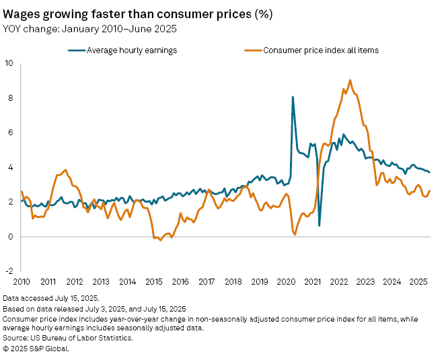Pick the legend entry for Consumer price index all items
[x=319, y=50]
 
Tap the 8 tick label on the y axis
[x=9, y=98]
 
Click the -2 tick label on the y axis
[x=8, y=271]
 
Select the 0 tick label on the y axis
[x=9, y=237]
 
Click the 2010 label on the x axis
[x=22, y=281]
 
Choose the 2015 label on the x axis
[x=154, y=281]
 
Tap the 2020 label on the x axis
[x=286, y=281]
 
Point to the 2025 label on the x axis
[x=418, y=281]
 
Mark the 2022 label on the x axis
[x=338, y=281]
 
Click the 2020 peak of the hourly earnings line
[x=293, y=97]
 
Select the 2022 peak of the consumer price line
[x=350, y=80]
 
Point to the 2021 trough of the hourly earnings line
[x=319, y=225]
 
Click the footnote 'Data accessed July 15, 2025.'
[x=51, y=297]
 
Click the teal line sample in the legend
[x=76, y=50]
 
